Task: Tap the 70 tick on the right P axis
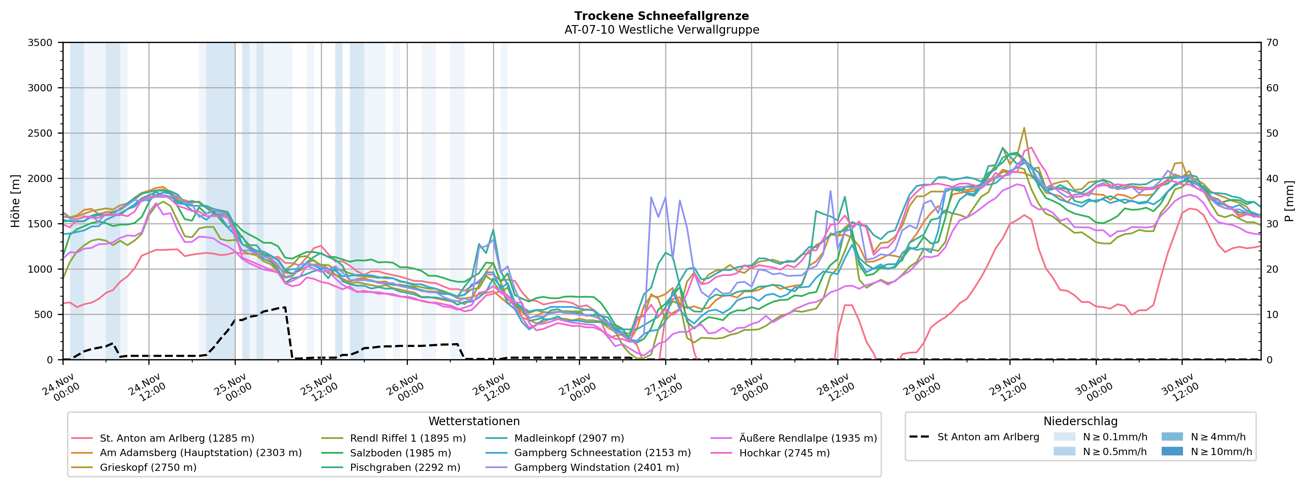pos(1272,43)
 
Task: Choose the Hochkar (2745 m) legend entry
pos(784,453)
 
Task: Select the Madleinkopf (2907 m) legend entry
pos(569,438)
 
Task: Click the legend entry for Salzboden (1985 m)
pos(400,453)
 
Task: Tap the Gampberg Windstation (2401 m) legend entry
pos(596,467)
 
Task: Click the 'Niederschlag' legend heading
pos(1080,421)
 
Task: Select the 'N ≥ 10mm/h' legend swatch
pos(1172,451)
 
